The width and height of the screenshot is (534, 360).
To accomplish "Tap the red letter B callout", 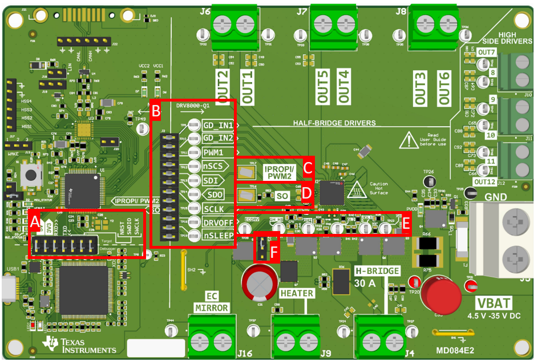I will coord(156,112).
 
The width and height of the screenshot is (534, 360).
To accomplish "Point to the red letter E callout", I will coord(406,223).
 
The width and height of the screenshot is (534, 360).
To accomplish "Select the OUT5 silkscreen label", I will coord(323,87).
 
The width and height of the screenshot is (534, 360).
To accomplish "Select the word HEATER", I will coord(297,293).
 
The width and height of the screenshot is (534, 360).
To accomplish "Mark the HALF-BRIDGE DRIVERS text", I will coord(334,123).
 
